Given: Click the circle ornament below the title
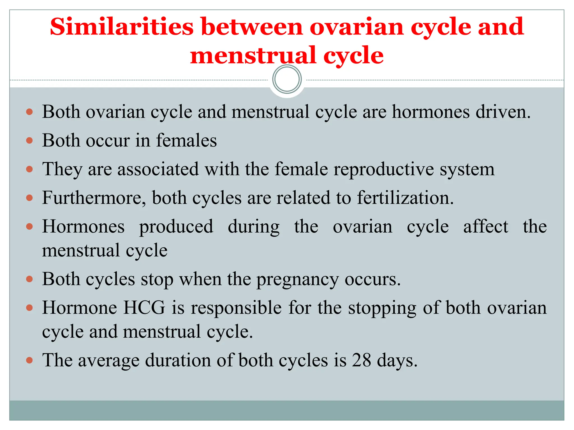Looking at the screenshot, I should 287,79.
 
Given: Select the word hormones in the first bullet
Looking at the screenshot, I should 430,112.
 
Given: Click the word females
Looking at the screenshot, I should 186,141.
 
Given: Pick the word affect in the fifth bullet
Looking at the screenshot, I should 485,226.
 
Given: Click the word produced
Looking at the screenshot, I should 176,227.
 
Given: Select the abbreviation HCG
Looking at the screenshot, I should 144,308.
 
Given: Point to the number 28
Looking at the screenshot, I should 362,360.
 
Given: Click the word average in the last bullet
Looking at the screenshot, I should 109,361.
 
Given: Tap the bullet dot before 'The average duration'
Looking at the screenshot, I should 29,360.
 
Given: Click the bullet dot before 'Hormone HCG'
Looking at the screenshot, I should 29,308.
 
